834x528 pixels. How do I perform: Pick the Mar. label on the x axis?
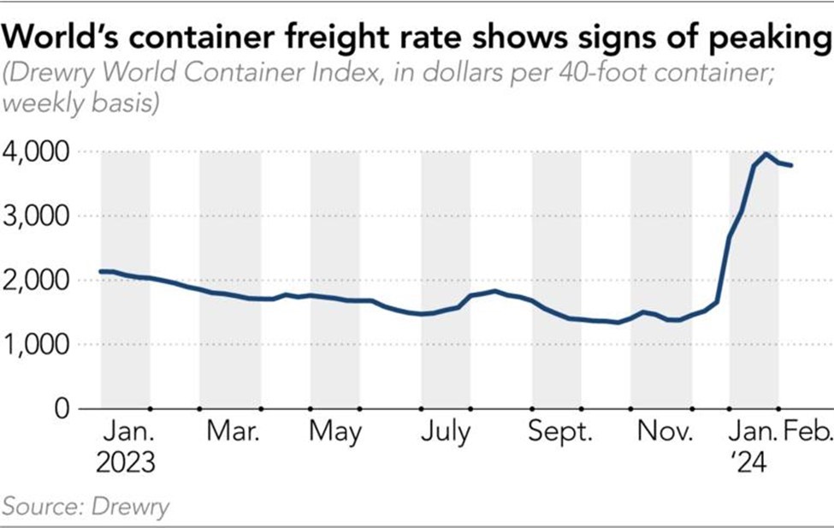[234, 433]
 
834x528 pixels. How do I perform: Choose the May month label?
[335, 433]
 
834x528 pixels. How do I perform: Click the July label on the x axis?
[445, 433]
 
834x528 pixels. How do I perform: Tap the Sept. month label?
[560, 433]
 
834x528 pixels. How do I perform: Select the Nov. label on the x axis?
[664, 433]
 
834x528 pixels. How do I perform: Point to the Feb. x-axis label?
[808, 433]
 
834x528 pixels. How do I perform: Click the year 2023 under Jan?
[126, 463]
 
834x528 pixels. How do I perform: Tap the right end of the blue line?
[792, 165]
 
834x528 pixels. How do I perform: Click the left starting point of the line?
[101, 271]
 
